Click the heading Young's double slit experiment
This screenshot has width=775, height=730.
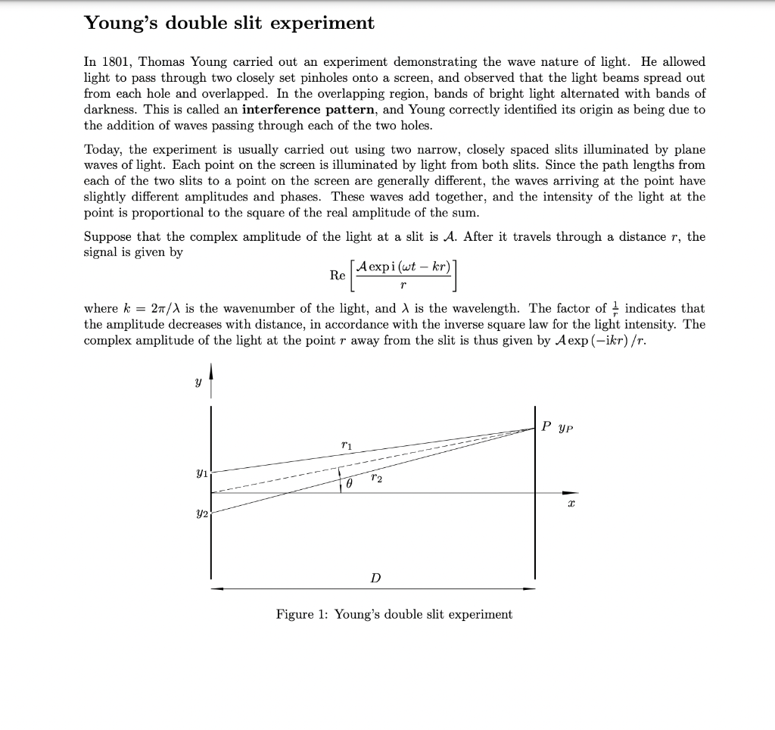(229, 23)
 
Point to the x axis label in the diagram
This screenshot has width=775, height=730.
(571, 503)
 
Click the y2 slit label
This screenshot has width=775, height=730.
(201, 513)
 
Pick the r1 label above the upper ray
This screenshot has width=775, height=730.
(347, 445)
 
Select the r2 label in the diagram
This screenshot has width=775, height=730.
(377, 479)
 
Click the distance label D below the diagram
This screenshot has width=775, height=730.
(375, 578)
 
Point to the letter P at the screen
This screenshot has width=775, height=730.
(546, 426)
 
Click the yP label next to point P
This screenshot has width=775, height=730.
(565, 427)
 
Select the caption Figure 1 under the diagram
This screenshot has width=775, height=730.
(394, 614)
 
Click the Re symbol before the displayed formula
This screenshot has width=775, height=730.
(338, 276)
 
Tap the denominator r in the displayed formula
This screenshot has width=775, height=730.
(402, 285)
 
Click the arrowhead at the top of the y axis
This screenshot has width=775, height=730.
(211, 373)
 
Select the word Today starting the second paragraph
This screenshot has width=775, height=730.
(102, 149)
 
